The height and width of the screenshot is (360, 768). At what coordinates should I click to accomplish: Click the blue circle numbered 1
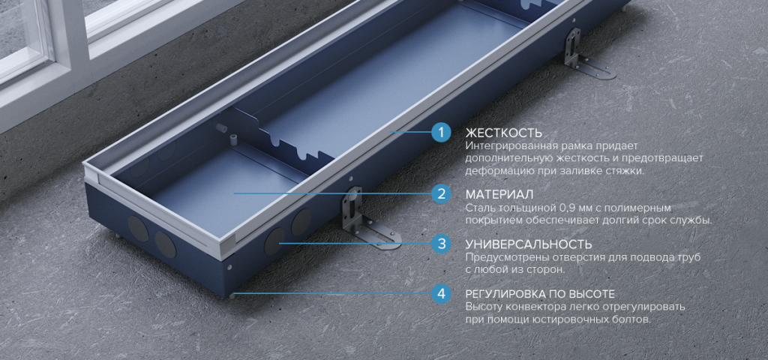(x=441, y=132)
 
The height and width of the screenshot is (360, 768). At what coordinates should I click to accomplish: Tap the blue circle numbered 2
(x=441, y=193)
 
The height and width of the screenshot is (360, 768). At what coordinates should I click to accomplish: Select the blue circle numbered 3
(x=441, y=244)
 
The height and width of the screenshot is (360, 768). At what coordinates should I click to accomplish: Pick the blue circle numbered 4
(x=441, y=294)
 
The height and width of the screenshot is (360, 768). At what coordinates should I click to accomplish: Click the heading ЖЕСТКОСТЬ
(x=503, y=133)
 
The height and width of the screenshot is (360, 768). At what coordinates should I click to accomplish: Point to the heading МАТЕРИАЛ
(x=499, y=194)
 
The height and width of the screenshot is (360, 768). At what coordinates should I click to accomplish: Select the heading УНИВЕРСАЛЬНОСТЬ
(x=529, y=244)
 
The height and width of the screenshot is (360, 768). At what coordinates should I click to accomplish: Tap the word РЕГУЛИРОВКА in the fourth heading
(x=507, y=294)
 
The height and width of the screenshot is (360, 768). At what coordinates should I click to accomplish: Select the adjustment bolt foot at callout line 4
(x=231, y=295)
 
